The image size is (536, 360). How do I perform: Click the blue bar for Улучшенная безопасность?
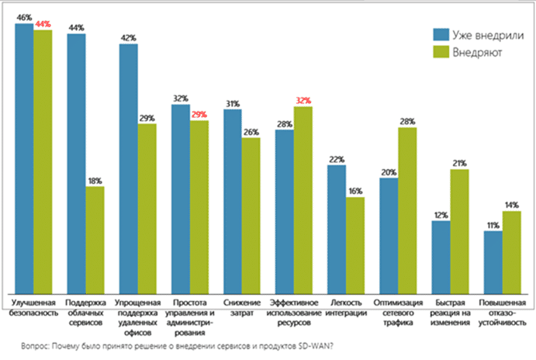coord(24,155)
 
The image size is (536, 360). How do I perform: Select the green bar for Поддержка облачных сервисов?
coord(95,237)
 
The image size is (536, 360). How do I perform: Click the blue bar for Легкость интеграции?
coord(337,226)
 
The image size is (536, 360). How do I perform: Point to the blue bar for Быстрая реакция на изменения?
coord(441,254)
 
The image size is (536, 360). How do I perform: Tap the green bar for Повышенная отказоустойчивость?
coord(512,249)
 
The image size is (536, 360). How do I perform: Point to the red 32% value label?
coord(303,101)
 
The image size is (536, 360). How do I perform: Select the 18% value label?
coord(95,181)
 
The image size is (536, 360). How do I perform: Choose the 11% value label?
coord(493,226)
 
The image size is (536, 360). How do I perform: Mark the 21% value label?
coord(459,164)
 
